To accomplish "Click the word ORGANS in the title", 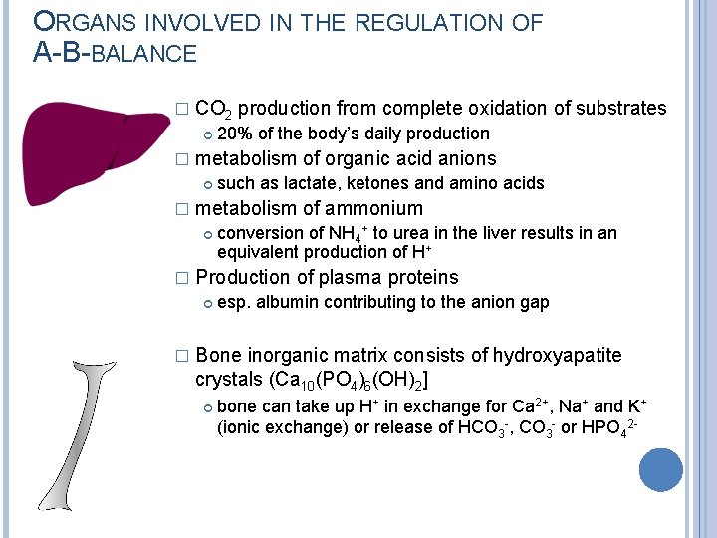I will (93, 23).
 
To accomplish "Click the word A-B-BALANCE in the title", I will (116, 53).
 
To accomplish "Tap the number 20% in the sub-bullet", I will (235, 134).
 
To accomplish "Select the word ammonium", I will (374, 208).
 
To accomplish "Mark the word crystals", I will (230, 380).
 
